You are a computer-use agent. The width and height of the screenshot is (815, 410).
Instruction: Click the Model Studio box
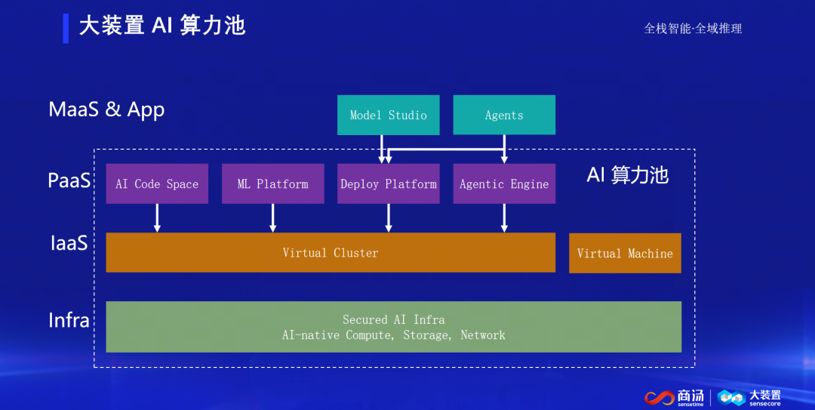[x=388, y=116]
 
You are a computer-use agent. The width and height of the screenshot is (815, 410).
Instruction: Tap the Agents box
[x=504, y=116]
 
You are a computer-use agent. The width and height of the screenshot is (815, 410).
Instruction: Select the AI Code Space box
[x=157, y=184]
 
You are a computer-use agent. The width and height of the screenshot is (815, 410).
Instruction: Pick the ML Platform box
[x=272, y=184]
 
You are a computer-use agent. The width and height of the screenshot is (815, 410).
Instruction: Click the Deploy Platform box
[x=388, y=184]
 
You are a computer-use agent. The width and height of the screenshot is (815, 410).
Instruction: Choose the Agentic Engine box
[x=504, y=184]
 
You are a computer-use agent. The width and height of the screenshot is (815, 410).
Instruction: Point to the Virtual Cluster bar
[x=331, y=253]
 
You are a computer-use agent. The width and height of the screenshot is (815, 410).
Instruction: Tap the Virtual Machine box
[x=625, y=254]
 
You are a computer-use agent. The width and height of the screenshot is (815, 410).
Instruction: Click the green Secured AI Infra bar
[x=393, y=327]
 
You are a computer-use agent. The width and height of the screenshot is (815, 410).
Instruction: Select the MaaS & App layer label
[x=106, y=109]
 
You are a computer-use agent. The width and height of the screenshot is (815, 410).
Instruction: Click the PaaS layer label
[x=69, y=181]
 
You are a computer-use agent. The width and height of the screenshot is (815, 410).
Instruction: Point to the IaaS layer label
[x=69, y=243]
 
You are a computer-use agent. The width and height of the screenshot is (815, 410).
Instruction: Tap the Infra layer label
[x=69, y=320]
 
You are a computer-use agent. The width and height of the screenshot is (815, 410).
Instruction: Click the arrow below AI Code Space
[x=157, y=217]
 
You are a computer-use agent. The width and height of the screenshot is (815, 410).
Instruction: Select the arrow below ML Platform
[x=272, y=217]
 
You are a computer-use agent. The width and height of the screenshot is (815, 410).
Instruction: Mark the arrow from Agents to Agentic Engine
[x=504, y=150]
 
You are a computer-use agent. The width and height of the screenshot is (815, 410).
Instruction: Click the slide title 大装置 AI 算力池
[x=162, y=26]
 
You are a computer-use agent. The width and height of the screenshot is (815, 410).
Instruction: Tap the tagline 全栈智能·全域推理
[x=693, y=29]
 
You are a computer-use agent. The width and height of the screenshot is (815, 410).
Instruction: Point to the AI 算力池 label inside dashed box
[x=627, y=175]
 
